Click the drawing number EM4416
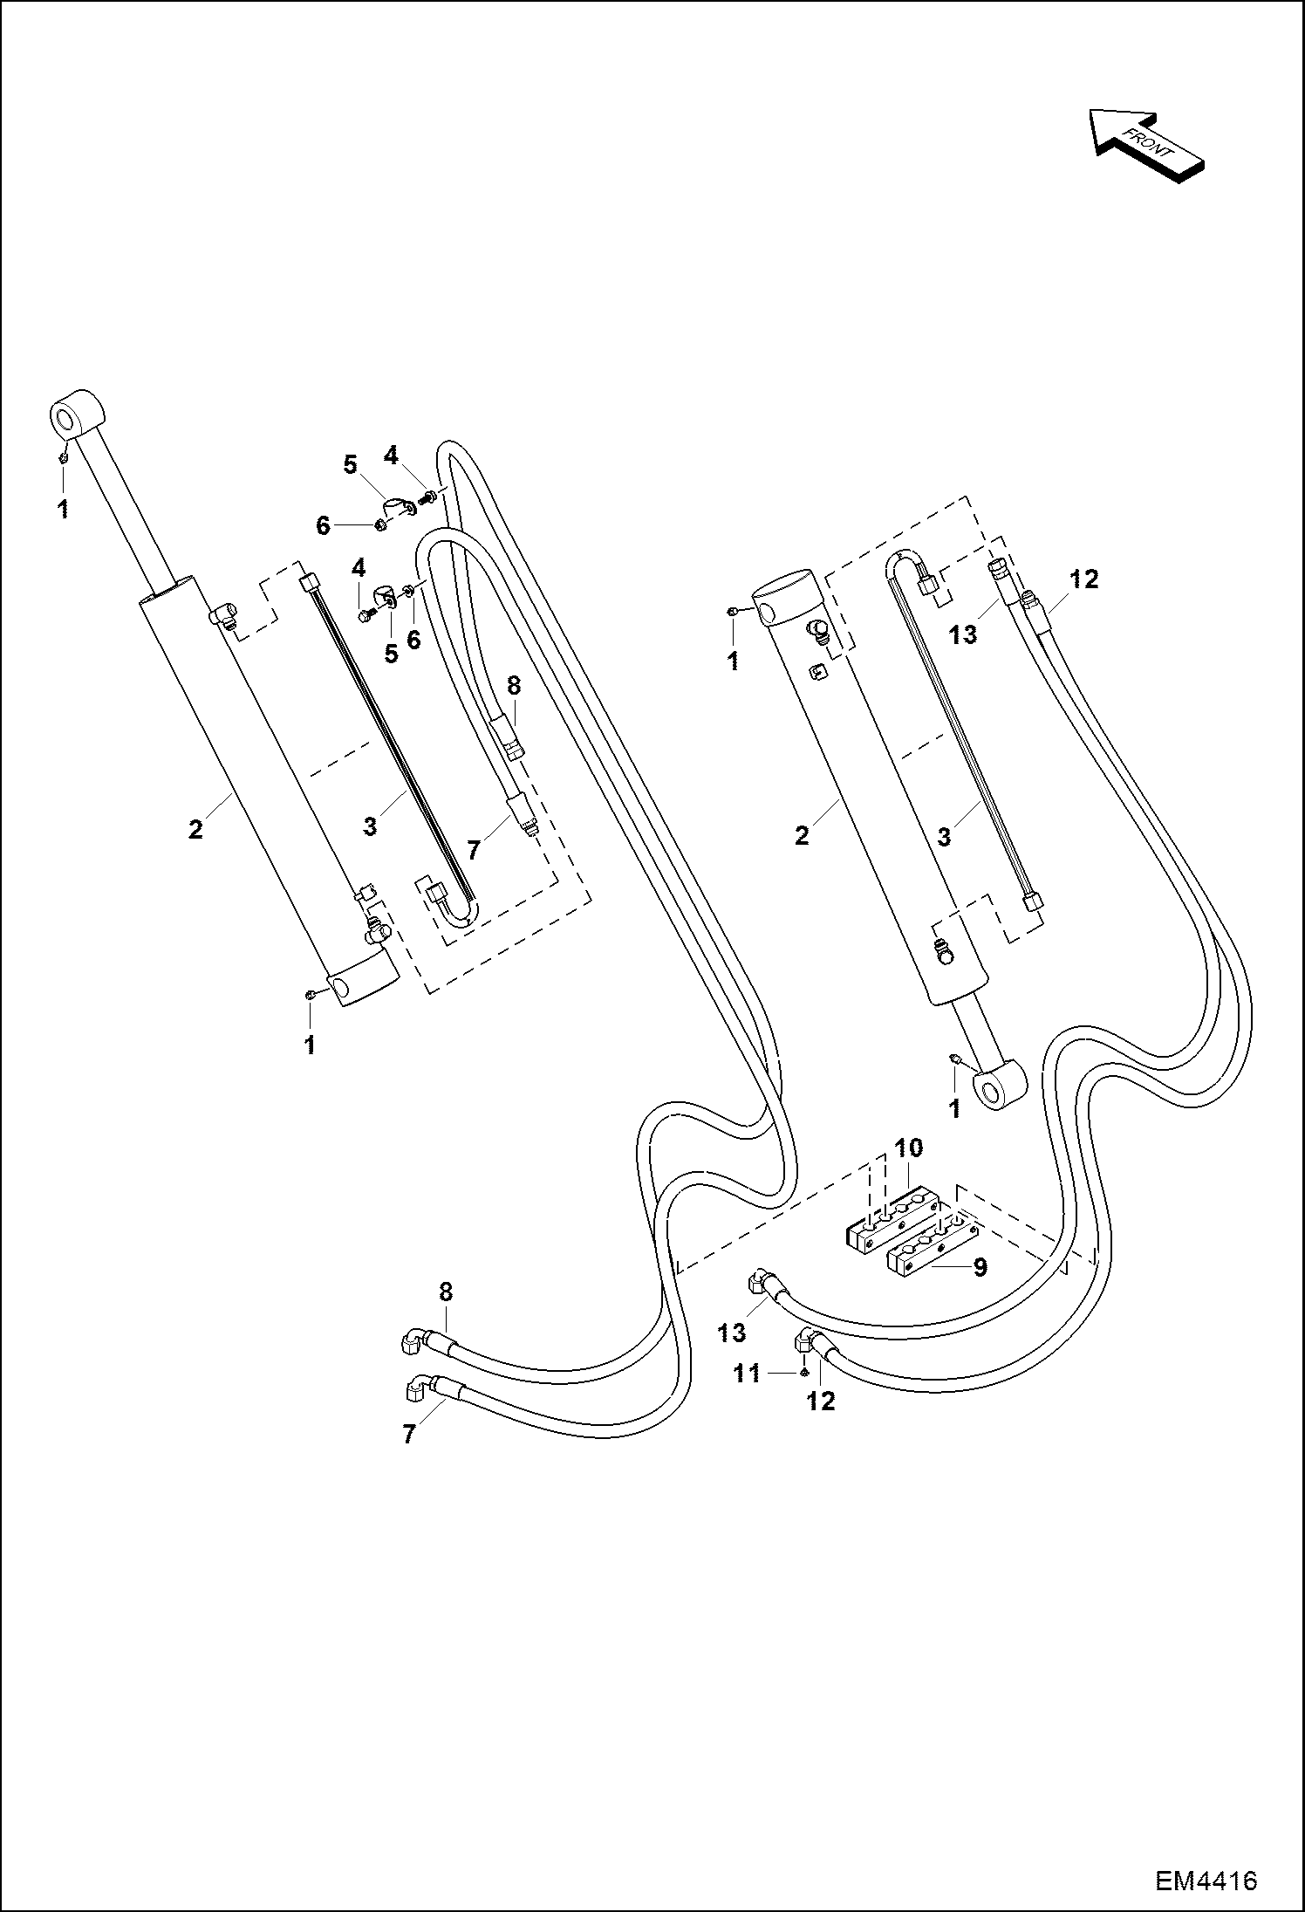1206,1878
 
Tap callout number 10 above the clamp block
908,1148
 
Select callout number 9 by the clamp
980,1266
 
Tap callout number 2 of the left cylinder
195,828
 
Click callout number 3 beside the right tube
943,836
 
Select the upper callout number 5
350,465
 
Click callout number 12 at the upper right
1084,579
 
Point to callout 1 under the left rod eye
63,510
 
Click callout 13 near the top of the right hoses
963,634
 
